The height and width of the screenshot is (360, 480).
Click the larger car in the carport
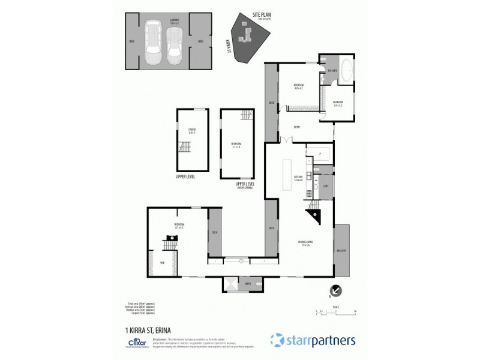tap(153, 44)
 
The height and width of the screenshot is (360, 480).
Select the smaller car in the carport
tap(175, 47)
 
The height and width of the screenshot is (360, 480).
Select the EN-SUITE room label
tap(332, 71)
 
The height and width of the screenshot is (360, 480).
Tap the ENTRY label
tap(297, 127)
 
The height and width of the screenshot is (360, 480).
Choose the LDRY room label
tap(326, 186)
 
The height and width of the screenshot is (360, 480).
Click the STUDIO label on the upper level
tap(192, 130)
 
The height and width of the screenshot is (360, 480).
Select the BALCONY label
tap(341, 250)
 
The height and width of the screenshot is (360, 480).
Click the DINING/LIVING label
tap(305, 243)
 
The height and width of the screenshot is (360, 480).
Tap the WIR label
tap(162, 262)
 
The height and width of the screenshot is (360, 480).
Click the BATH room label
tap(248, 283)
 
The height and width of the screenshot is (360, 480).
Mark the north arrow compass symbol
tap(337, 291)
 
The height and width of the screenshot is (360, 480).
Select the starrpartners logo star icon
tap(277, 340)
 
